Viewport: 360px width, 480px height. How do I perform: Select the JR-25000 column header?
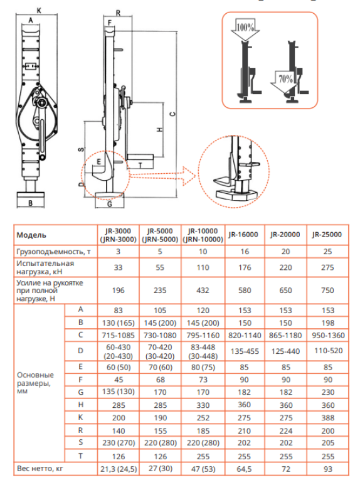click(x=327, y=234)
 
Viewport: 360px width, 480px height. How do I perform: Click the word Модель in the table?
click(x=31, y=235)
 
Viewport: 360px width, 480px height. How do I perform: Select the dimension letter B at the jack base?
click(x=30, y=203)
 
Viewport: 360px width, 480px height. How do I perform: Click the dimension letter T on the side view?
click(x=139, y=164)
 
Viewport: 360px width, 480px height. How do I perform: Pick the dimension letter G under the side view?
click(x=109, y=203)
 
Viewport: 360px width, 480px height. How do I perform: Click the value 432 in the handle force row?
click(x=202, y=291)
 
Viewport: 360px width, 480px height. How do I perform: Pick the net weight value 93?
click(x=327, y=469)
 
